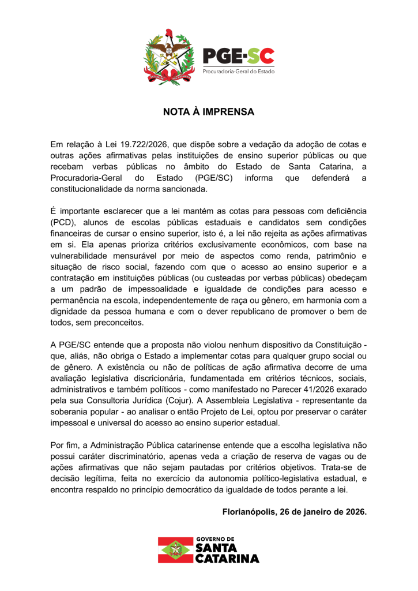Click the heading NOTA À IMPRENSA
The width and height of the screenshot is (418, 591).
(x=209, y=112)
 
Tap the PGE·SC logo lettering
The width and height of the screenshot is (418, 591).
(x=238, y=57)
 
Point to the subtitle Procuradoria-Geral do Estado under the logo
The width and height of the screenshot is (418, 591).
(x=238, y=72)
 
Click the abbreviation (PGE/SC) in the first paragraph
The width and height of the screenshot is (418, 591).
(x=213, y=178)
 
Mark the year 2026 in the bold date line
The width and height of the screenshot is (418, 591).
(x=353, y=513)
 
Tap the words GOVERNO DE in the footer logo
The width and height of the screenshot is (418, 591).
(x=214, y=539)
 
